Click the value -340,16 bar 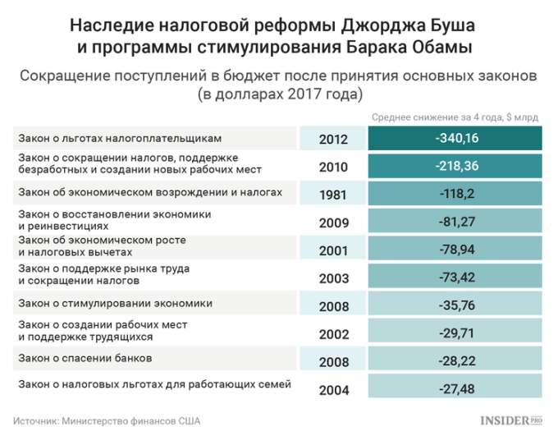tap(456, 139)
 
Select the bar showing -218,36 tap(456, 167)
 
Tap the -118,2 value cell tap(456, 195)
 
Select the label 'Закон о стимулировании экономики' tap(115, 302)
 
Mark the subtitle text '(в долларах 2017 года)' tap(279, 94)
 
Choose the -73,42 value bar tap(456, 278)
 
